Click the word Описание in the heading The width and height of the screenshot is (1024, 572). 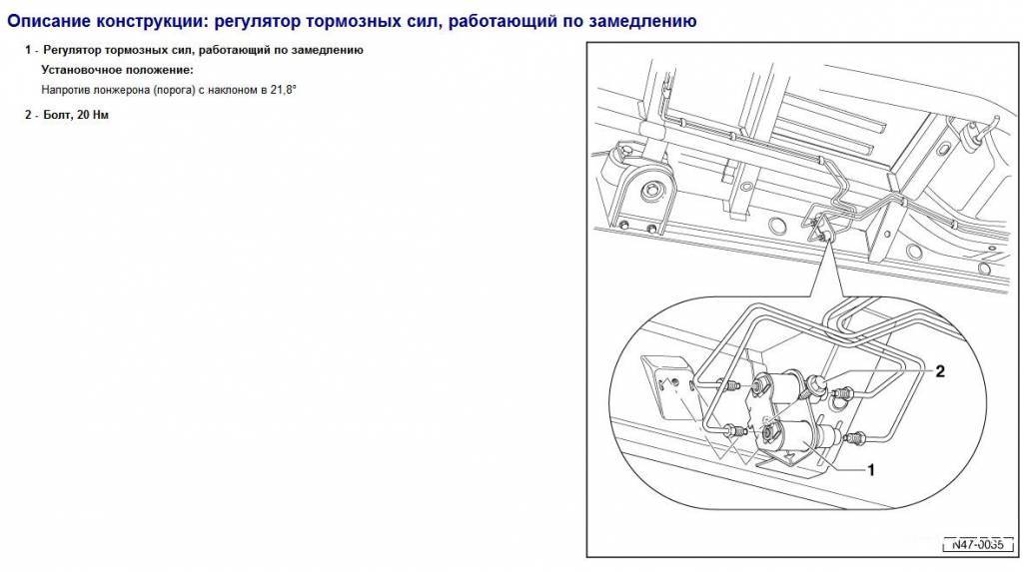[49, 22]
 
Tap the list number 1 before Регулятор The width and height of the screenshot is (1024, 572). [28, 50]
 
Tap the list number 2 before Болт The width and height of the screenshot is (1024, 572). [28, 116]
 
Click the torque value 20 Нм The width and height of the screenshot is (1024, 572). [93, 116]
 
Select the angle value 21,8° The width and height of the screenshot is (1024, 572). [284, 90]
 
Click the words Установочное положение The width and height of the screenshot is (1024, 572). [118, 70]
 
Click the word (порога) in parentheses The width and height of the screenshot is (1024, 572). [175, 90]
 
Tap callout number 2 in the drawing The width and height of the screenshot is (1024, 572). [940, 371]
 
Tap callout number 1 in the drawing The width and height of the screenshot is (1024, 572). [870, 469]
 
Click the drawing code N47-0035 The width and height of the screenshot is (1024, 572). [978, 544]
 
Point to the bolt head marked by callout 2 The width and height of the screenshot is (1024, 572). [816, 384]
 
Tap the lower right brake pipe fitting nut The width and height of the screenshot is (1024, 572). [856, 439]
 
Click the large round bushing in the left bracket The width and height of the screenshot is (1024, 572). [649, 191]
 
